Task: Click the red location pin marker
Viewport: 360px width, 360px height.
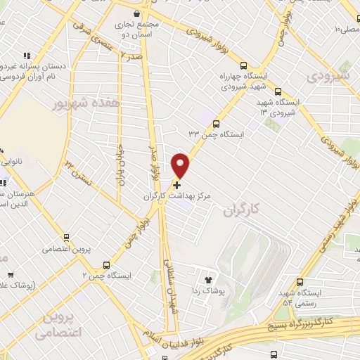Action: pyautogui.click(x=181, y=165)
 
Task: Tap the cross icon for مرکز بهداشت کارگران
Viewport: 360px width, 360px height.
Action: pyautogui.click(x=176, y=184)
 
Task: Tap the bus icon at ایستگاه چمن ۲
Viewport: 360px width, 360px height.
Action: pyautogui.click(x=106, y=265)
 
